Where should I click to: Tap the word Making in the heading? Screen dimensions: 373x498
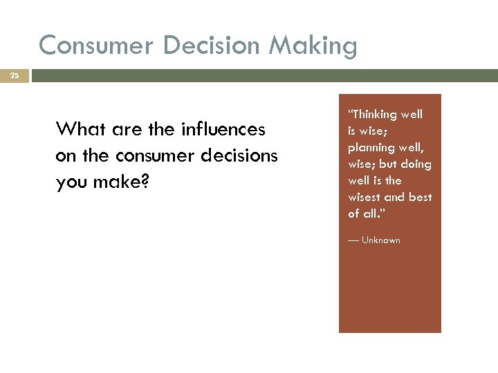[313, 46]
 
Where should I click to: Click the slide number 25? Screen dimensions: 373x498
[15, 75]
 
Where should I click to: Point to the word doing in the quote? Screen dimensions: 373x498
[416, 164]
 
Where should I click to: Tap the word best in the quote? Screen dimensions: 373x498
[420, 197]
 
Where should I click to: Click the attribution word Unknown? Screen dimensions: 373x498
[380, 240]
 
